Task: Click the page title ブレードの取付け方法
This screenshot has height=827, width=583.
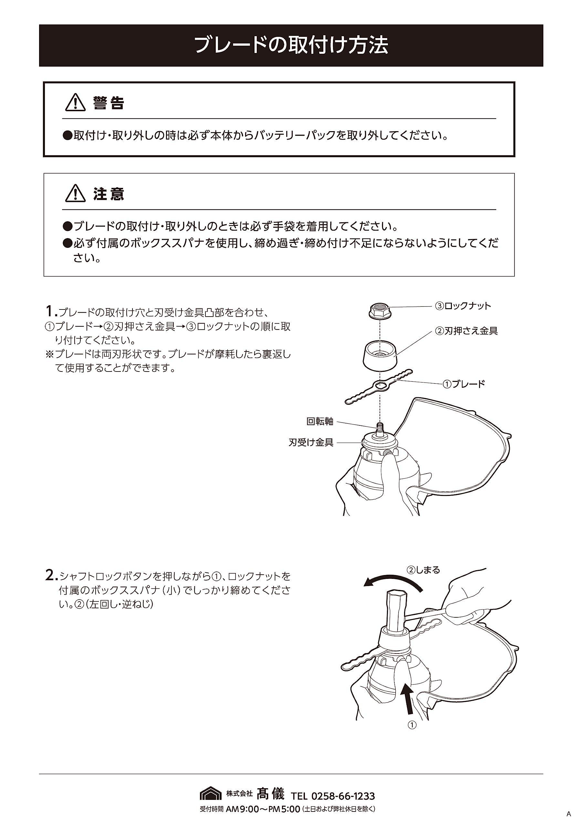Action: pos(291,45)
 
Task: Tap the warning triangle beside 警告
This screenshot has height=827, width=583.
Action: pos(75,102)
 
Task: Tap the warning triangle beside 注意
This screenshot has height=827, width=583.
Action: pos(75,193)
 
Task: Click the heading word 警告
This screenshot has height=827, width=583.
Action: pos(109,103)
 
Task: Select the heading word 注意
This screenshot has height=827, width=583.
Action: pos(109,194)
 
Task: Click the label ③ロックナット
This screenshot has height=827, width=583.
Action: pos(463,306)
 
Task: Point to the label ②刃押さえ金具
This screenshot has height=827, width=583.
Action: pos(466,331)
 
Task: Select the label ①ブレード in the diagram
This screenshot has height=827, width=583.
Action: pos(464,384)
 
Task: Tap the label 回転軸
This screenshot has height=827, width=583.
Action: pos(320,421)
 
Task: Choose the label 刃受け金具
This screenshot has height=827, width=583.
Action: pos(311,442)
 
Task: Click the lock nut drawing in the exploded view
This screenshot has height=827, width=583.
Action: pos(379,310)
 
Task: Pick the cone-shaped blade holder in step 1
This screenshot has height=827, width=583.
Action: pos(380,355)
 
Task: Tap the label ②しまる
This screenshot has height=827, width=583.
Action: pos(423,570)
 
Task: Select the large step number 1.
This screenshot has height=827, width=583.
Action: pos(50,310)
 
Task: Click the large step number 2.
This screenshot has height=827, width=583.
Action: pos(51,575)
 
